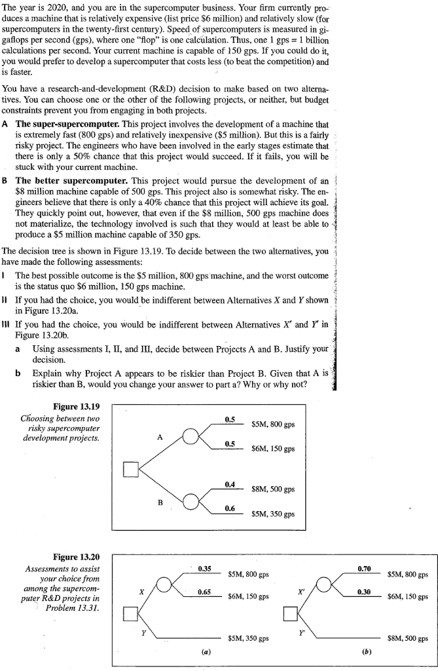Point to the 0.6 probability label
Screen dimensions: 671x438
(x=230, y=508)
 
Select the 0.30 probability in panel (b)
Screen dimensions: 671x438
(x=365, y=592)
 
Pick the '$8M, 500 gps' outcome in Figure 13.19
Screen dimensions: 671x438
(x=272, y=489)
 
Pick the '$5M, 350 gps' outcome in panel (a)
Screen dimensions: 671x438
(x=248, y=638)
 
